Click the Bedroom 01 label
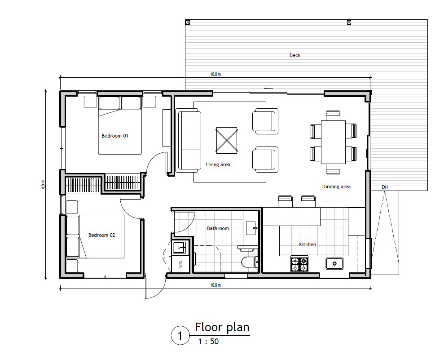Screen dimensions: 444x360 tap(114, 136)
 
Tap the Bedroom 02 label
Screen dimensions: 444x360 tap(101, 235)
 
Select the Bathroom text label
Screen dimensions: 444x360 tap(218, 228)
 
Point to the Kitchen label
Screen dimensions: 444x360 tap(308, 244)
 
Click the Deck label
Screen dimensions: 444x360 tap(295, 55)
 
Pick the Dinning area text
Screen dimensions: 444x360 tap(336, 187)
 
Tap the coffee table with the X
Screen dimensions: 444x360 tap(227, 140)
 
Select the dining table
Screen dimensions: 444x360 tap(333, 142)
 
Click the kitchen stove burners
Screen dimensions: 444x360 tap(299, 264)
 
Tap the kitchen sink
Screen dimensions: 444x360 tap(334, 264)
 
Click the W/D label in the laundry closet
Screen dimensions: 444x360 tap(180, 264)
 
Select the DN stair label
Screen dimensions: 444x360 tap(385, 187)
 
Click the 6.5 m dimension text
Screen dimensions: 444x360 tap(43, 185)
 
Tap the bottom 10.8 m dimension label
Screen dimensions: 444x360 tap(215, 285)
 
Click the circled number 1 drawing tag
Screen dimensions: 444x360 tap(180, 336)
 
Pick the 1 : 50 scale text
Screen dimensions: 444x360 tap(208, 342)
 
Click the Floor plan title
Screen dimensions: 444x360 tap(222, 327)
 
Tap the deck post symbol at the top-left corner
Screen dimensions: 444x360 tap(188, 22)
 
